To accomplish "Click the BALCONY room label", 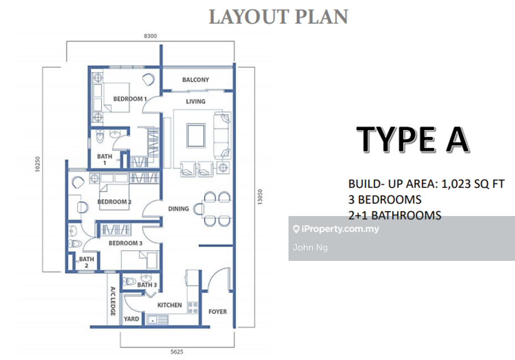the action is pyautogui.click(x=195, y=80).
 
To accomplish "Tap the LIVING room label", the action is pyautogui.click(x=195, y=101).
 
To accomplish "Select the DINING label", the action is pyautogui.click(x=178, y=209).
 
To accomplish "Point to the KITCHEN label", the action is pyautogui.click(x=169, y=305).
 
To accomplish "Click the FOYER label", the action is pyautogui.click(x=218, y=311).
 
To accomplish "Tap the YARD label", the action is pyautogui.click(x=131, y=319).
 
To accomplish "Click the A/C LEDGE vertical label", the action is pyautogui.click(x=112, y=301).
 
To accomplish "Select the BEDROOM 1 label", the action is pyautogui.click(x=130, y=99).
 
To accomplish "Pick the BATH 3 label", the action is pyautogui.click(x=147, y=285).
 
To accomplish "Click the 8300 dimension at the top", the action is pyautogui.click(x=151, y=36).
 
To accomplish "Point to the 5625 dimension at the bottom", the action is pyautogui.click(x=177, y=352).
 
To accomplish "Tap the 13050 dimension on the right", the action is pyautogui.click(x=260, y=197).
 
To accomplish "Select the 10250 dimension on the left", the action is pyautogui.click(x=37, y=164).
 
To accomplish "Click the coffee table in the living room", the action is pyautogui.click(x=196, y=135).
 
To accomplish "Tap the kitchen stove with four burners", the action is pyautogui.click(x=193, y=308).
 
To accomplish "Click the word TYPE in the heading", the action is pyautogui.click(x=396, y=140).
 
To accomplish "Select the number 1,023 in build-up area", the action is pyautogui.click(x=456, y=184).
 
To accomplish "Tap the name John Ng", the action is pyautogui.click(x=310, y=248).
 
